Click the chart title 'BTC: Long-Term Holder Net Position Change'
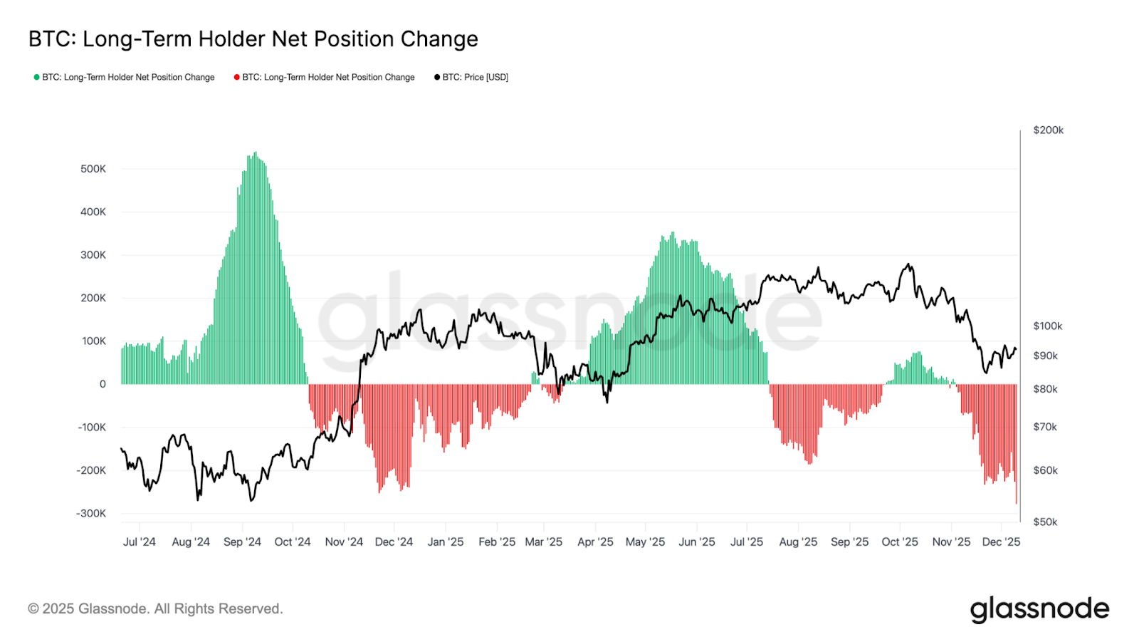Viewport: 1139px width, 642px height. tap(253, 39)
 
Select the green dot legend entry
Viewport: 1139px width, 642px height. tap(125, 77)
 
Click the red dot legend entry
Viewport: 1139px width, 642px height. tap(325, 77)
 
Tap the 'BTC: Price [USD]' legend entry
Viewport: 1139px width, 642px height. tap(471, 77)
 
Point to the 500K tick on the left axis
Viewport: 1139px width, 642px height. tap(93, 169)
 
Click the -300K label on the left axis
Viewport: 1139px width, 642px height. tap(91, 513)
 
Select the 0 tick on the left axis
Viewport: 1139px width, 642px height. tap(103, 384)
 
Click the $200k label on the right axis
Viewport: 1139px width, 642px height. tap(1048, 130)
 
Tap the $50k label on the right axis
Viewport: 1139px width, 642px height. tap(1045, 522)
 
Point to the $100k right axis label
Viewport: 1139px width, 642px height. tap(1047, 326)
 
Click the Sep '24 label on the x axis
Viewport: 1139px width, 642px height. tap(242, 542)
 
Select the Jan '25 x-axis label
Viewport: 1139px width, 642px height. tap(445, 542)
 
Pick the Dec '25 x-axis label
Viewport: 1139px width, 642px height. tap(1001, 542)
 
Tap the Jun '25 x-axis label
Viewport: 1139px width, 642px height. tap(696, 542)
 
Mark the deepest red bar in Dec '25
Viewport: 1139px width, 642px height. tap(1016, 502)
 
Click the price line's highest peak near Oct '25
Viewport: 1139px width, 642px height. tap(908, 265)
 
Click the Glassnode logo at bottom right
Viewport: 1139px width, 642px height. tap(1039, 609)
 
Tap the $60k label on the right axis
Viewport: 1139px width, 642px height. tap(1045, 470)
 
